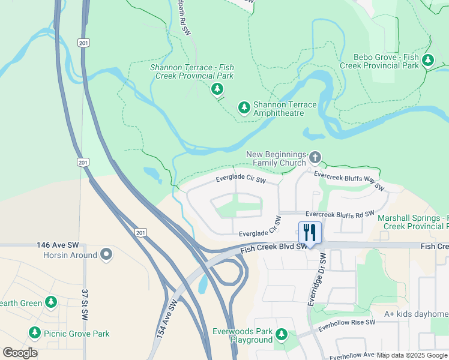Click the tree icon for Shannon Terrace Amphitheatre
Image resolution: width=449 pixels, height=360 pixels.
tap(244, 107)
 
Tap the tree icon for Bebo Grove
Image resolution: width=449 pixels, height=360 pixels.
tap(428, 60)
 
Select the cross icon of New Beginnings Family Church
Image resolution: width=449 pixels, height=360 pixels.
tap(315, 158)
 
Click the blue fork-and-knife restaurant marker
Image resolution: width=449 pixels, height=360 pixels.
tap(310, 232)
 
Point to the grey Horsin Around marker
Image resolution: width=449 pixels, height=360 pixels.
tap(106, 255)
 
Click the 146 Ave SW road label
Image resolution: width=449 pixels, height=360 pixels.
tap(58, 245)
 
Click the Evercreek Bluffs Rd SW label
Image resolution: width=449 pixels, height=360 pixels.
tap(339, 214)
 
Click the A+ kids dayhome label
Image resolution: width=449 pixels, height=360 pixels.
tap(416, 314)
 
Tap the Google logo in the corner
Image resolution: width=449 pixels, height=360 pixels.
tap(20, 353)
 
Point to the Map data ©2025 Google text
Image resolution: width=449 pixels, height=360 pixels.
tap(412, 355)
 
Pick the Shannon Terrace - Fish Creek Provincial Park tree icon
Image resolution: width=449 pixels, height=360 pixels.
tap(217, 89)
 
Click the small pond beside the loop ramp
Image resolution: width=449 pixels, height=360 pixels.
tap(203, 284)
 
